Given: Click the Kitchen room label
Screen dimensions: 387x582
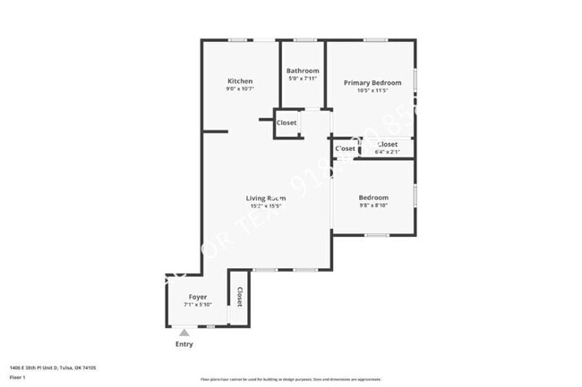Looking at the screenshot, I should point(240,81).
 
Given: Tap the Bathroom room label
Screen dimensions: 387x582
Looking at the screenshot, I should point(303,71).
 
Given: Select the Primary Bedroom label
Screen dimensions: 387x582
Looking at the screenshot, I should point(372,82).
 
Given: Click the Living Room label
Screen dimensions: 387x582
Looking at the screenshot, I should point(266,198).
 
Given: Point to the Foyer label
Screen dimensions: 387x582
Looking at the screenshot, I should point(198,297).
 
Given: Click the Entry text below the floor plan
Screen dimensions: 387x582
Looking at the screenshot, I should point(184,344).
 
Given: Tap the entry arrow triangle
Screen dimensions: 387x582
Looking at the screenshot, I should point(184,332).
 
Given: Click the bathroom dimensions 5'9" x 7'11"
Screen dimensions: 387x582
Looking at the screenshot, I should point(303,79).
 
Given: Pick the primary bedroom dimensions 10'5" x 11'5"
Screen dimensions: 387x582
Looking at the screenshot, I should point(372,90).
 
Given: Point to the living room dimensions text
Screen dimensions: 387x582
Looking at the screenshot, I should point(266,206).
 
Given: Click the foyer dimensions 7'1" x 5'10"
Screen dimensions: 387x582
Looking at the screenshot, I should point(198,305).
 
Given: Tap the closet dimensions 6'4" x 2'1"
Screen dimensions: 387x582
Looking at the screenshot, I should point(388,151).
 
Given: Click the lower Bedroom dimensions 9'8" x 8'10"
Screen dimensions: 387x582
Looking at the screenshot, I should point(373,206).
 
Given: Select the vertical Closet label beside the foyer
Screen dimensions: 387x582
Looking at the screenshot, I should point(239,296).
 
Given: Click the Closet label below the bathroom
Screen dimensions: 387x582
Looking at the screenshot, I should point(287,122).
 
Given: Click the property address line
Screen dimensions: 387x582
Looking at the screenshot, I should point(53,367).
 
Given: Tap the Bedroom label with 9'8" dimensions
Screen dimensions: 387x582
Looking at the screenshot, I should point(373,198).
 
